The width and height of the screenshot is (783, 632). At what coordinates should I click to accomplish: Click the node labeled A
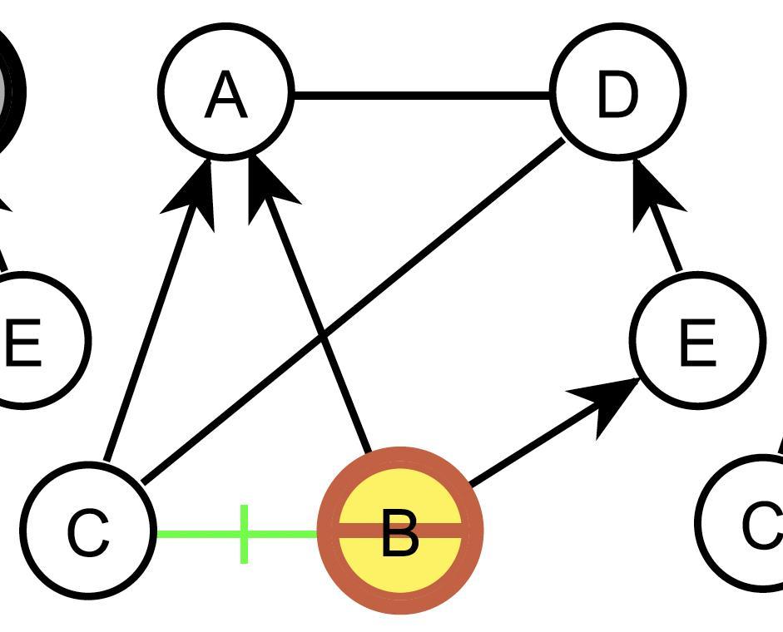226,91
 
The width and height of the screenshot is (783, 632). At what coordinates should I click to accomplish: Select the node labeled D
618,91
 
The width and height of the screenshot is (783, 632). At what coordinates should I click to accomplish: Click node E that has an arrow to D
697,340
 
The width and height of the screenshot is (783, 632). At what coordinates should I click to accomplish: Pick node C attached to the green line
88,531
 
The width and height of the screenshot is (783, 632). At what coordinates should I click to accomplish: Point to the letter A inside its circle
226,96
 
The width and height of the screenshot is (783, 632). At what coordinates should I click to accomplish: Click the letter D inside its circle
617,95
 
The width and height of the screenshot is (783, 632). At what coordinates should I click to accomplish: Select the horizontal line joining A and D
423,96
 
